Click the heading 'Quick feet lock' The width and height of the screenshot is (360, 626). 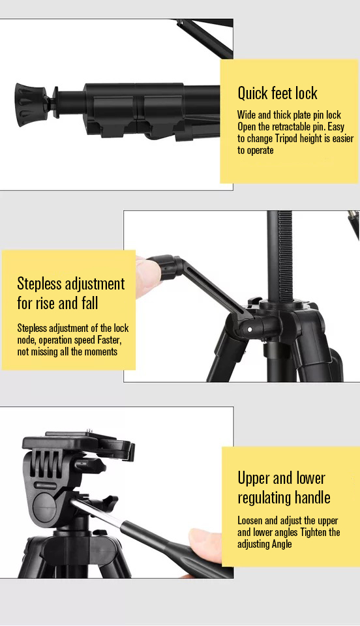click(x=277, y=93)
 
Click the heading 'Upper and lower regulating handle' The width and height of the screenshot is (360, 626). click(x=284, y=488)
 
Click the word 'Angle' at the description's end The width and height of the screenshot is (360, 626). click(x=282, y=544)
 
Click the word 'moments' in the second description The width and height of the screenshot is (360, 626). click(x=99, y=351)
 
